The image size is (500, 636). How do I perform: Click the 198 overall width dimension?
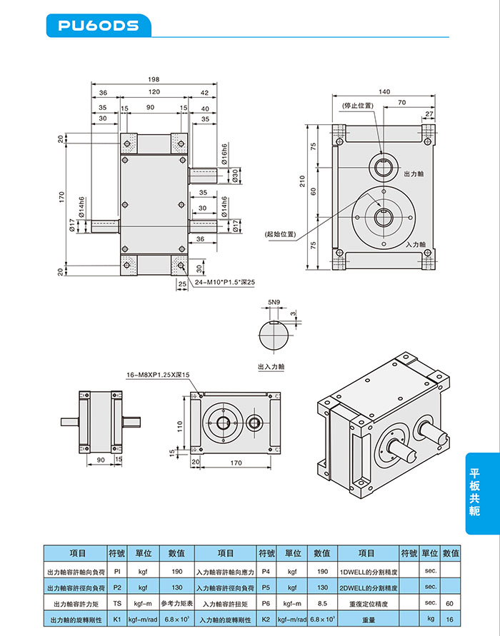[x=154, y=79]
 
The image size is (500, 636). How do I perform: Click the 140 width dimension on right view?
[x=384, y=92]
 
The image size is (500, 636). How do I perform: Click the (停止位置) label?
[x=358, y=106]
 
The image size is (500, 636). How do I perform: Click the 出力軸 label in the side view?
[x=415, y=173]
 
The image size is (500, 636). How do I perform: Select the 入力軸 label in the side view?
[x=415, y=244]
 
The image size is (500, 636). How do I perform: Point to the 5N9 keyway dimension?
[x=274, y=303]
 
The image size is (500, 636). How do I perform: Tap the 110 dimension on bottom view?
[x=180, y=425]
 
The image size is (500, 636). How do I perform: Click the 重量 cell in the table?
[x=368, y=620]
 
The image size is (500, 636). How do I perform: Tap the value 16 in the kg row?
[x=449, y=620]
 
